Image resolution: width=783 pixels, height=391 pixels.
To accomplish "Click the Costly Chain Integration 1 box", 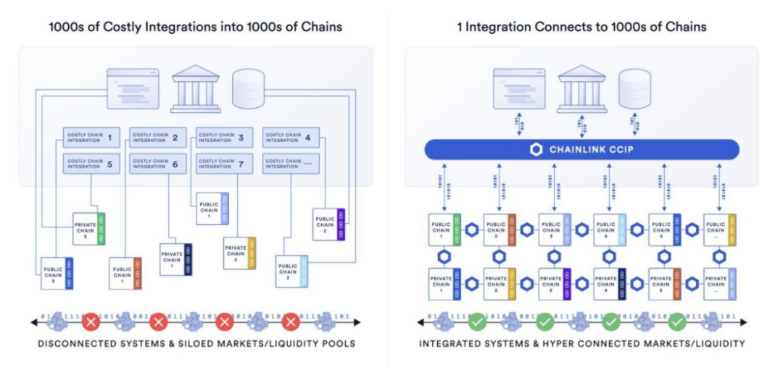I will [x=90, y=137].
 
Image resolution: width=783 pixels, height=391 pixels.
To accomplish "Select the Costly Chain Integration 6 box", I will [x=157, y=163].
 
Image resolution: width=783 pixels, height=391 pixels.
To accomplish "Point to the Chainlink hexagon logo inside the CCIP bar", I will [x=536, y=150].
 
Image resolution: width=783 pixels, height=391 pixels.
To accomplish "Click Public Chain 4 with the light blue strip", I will [x=609, y=228].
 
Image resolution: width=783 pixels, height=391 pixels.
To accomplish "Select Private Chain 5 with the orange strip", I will [x=664, y=283].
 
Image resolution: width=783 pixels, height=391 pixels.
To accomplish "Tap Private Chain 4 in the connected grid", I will [x=609, y=283].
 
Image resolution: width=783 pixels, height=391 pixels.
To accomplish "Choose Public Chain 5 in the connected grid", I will [x=664, y=228].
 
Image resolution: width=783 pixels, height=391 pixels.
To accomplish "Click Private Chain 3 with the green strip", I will [x=89, y=228].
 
